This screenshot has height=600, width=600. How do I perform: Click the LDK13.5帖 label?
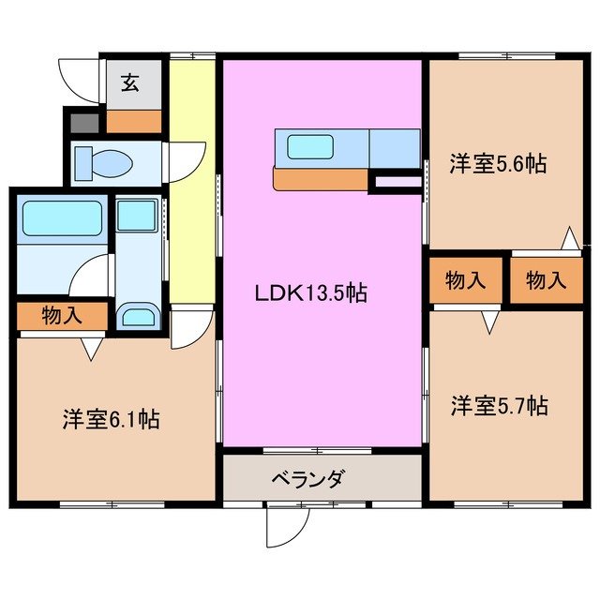point(310,293)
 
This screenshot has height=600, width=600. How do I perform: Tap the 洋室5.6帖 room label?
point(497,163)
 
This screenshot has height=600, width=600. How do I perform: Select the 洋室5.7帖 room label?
point(498,406)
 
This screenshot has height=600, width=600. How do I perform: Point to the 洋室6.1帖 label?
point(111,419)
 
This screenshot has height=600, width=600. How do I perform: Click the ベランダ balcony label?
point(308,480)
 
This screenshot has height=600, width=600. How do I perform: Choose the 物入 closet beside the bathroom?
point(62,316)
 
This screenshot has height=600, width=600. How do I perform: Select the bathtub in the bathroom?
point(61,220)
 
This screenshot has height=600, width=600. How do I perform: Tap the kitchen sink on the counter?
point(310,146)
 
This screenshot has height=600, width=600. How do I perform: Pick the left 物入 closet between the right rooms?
point(465,279)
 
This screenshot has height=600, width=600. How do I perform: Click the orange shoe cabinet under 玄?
point(133,120)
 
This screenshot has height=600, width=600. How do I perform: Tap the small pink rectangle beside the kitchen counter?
point(397,183)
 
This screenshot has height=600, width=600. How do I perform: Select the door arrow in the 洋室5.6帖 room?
point(568,239)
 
